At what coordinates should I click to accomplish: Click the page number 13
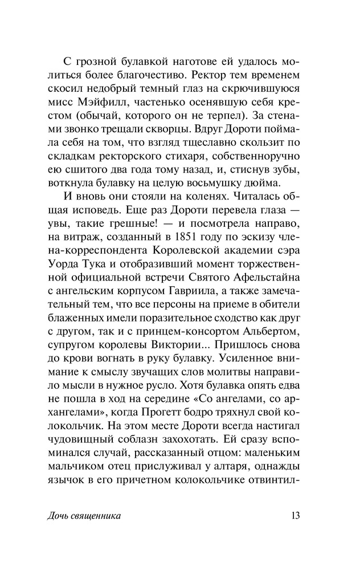pos(294,516)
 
